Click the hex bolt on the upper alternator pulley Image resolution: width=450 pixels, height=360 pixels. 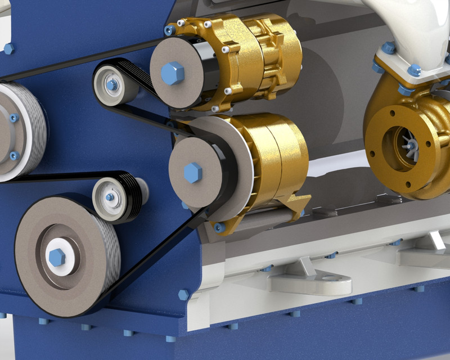click(172, 73)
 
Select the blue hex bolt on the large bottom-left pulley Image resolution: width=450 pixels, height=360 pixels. click(57, 257)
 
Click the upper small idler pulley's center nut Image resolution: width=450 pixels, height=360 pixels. click(112, 85)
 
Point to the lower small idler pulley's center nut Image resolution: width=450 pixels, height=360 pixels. click(110, 197)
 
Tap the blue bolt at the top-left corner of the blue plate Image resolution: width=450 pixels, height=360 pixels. click(8, 49)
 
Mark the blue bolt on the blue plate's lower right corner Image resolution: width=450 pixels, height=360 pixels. click(183, 294)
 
